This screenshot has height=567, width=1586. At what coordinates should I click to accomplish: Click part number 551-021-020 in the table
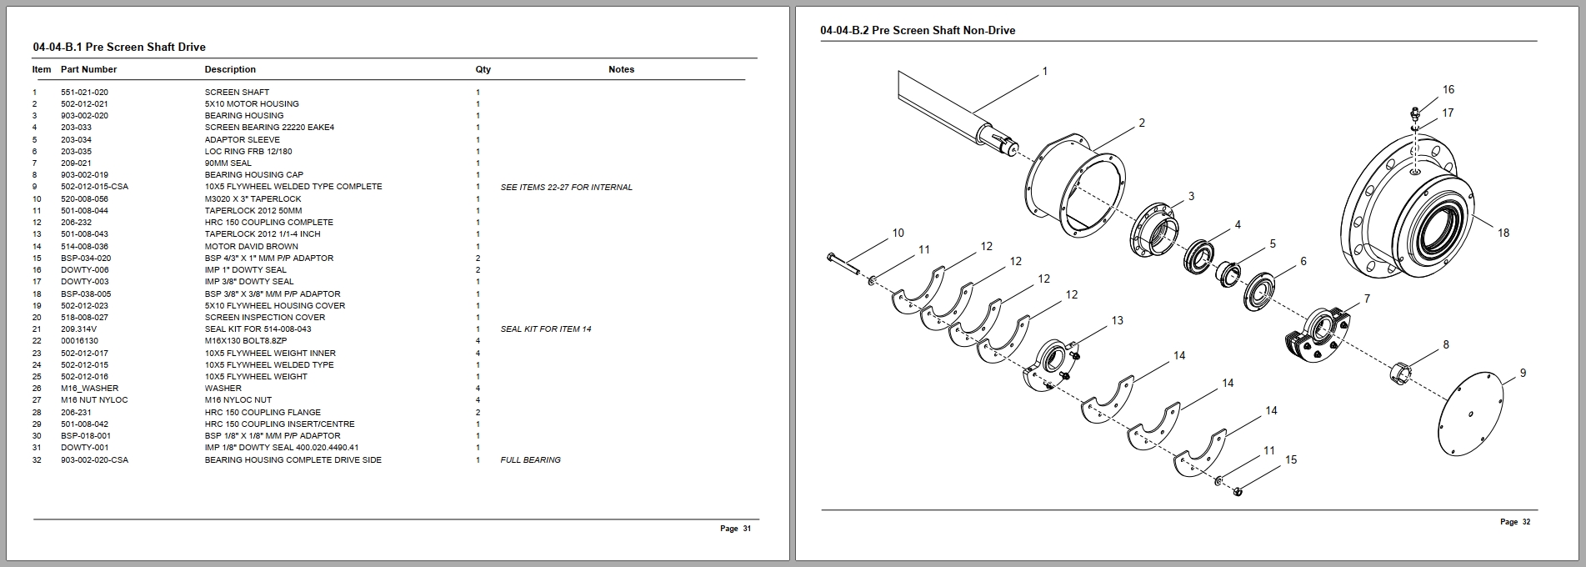[84, 93]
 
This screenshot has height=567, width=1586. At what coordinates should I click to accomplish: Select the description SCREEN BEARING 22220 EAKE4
[269, 128]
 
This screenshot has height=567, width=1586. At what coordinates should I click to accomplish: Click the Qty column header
[483, 70]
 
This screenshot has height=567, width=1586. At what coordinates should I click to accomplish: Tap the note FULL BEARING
[530, 460]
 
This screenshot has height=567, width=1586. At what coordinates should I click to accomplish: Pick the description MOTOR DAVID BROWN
[251, 247]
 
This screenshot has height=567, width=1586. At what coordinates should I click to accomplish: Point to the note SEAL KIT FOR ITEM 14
[545, 329]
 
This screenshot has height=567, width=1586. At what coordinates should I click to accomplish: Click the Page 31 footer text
[735, 529]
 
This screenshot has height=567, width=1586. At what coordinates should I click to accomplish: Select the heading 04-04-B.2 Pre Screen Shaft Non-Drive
[918, 31]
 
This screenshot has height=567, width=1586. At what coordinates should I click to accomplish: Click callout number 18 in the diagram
[1503, 233]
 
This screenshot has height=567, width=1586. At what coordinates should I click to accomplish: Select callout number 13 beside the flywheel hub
[1117, 320]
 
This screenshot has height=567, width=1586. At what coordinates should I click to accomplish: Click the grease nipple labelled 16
[1414, 112]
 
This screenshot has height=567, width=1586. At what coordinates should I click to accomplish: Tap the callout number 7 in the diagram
[1366, 299]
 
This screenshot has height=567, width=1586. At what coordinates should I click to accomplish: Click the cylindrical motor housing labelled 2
[1075, 188]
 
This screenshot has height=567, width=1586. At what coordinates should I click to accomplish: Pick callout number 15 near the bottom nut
[1290, 460]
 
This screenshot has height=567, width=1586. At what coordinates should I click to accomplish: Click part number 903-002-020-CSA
[94, 460]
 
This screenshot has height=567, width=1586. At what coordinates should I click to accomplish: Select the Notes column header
[621, 70]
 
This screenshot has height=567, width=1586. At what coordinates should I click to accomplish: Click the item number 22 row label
[37, 341]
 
